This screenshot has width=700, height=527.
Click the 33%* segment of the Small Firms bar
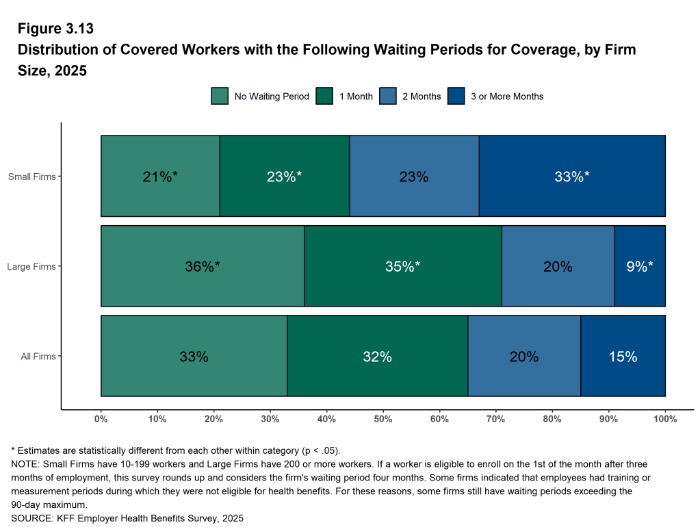tap(572, 176)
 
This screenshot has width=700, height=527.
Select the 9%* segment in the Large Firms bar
tap(640, 266)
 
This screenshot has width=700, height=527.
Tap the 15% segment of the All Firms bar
tap(623, 356)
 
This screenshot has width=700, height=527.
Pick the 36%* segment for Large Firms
tap(203, 266)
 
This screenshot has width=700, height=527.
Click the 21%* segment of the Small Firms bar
tap(160, 176)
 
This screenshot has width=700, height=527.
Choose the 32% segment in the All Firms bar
tap(377, 356)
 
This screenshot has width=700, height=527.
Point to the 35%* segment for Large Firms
tap(402, 266)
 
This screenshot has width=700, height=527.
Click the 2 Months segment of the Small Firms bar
tap(414, 176)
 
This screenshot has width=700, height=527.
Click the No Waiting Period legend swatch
tap(220, 97)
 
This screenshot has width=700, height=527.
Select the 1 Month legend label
tap(356, 97)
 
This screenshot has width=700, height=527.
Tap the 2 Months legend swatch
tap(387, 97)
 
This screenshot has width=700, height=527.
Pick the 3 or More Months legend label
tap(507, 97)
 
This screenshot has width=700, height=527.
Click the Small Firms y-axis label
tap(31, 177)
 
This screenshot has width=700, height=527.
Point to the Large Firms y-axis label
tap(31, 266)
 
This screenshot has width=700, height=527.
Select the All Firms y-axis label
tap(38, 356)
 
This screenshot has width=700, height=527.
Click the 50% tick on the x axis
tap(383, 418)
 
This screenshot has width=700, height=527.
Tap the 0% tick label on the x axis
tap(101, 418)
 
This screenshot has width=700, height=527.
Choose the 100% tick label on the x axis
tap(665, 418)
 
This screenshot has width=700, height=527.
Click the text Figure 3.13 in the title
tap(55, 29)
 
